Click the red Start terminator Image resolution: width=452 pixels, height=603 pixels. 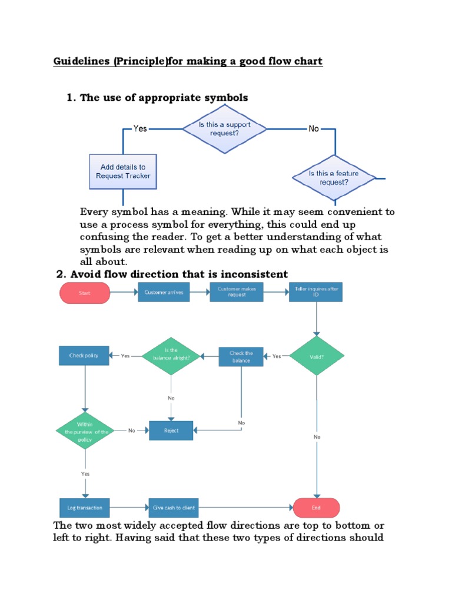[85, 293]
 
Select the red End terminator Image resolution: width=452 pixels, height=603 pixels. [316, 508]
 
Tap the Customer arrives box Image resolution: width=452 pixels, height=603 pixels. [164, 293]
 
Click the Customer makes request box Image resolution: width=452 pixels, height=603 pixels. [236, 292]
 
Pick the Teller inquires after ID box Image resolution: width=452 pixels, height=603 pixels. [315, 292]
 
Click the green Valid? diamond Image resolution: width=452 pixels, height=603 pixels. [316, 356]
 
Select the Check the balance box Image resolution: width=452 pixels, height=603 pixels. [241, 356]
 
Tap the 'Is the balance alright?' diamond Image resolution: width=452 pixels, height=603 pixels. [171, 356]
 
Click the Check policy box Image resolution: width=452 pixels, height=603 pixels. [84, 356]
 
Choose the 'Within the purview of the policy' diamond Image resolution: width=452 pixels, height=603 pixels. [85, 431]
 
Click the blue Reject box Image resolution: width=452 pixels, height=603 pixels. [171, 430]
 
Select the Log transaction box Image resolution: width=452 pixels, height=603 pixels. [85, 508]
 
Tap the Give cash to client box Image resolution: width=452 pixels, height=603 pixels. [174, 508]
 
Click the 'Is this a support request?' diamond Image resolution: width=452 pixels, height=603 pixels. [224, 128]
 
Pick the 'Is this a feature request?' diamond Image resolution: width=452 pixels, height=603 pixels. [334, 177]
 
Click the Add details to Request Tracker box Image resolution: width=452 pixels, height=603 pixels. [123, 171]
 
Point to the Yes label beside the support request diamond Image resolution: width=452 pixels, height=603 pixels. [140, 128]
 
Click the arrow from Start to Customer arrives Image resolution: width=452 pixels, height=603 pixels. [124, 293]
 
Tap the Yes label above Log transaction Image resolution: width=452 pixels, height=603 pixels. [85, 473]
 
